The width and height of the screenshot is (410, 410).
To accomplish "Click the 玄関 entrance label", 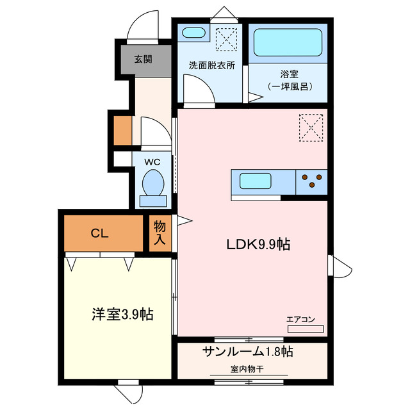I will coord(143,60).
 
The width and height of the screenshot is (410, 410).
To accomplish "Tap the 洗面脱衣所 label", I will coord(211,65).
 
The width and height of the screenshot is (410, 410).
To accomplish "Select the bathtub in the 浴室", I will coord(287,43).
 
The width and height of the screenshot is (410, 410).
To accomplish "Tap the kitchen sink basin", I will coord(258,181).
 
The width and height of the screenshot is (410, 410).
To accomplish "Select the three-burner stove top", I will coord(311,181).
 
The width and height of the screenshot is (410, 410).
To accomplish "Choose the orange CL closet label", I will coord(99,233).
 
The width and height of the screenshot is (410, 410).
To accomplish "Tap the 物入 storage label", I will coord(159,234).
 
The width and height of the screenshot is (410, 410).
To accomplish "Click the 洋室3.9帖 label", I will coord(121,315).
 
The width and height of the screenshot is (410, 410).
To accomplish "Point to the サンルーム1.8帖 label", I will coord(248,351).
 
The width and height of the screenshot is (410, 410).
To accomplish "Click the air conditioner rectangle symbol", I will coord(306,329).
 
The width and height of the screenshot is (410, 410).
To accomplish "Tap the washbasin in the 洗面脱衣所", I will coord(192,33).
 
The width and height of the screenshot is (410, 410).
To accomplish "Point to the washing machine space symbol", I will coord(226,39).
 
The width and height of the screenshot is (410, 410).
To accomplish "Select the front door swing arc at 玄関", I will coord(142,26).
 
